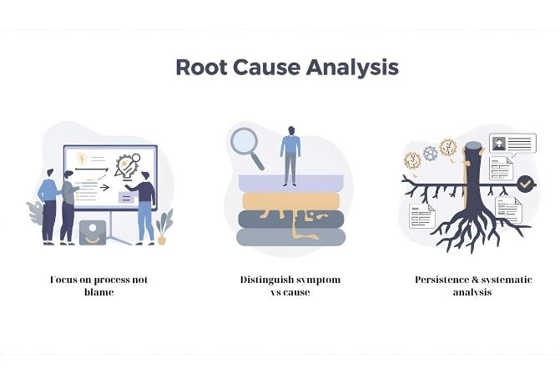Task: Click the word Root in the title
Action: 203,67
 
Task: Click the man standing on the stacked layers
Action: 290,155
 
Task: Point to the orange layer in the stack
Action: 290,200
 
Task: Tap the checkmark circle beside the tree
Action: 525,183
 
